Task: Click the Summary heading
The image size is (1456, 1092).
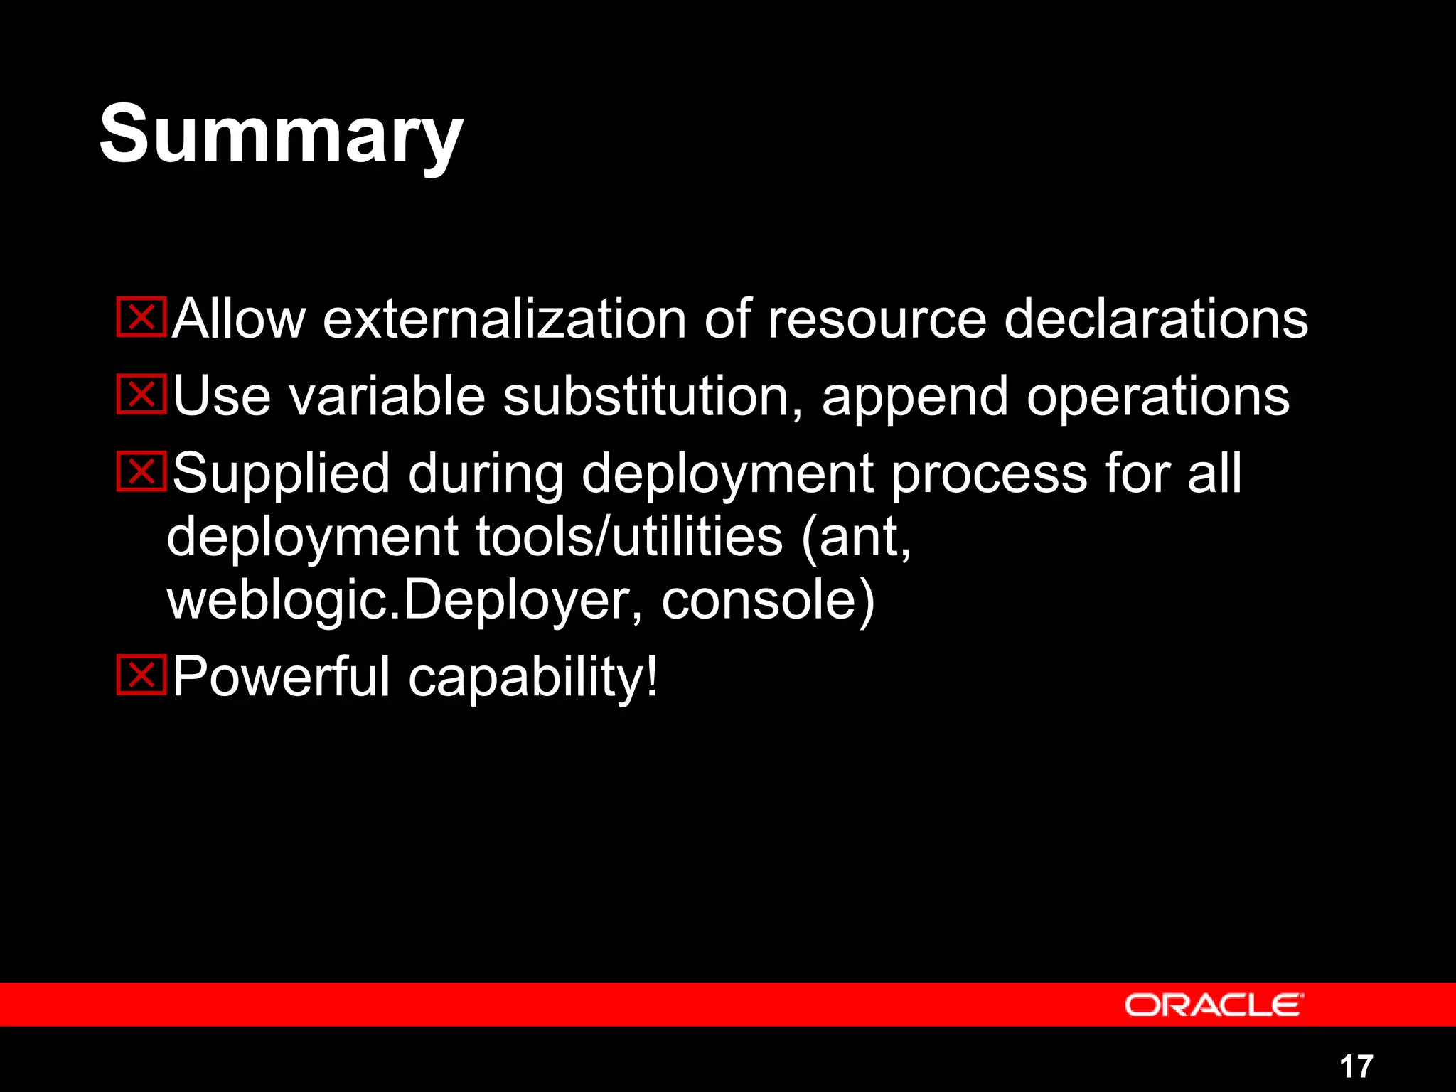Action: point(281,135)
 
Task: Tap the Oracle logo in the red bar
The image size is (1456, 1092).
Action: point(1214,1005)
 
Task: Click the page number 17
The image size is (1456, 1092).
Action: point(1356,1066)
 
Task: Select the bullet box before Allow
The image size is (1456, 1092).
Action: point(141,317)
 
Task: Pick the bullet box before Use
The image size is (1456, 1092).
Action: point(141,395)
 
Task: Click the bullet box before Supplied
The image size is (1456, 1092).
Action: point(141,471)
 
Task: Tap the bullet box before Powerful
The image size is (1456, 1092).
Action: point(141,675)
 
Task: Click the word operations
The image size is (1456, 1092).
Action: point(1157,396)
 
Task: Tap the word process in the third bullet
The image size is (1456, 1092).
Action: point(989,475)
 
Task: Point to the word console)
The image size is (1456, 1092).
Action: point(768,601)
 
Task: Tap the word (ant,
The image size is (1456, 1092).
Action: point(856,538)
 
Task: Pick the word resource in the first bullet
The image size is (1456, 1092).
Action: point(877,320)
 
